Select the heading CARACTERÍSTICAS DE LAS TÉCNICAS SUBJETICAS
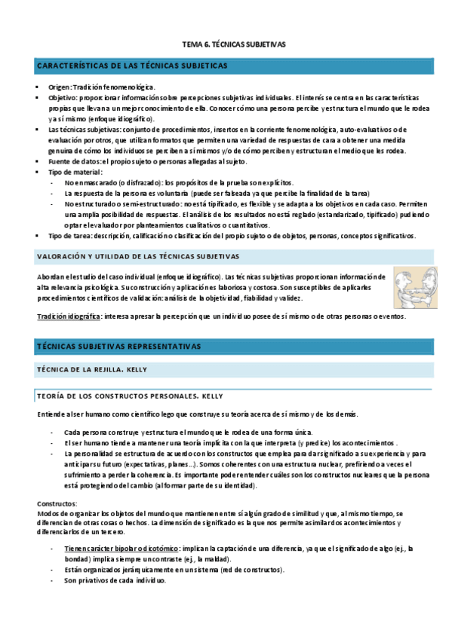click(x=132, y=66)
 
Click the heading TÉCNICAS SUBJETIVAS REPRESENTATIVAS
click(x=118, y=347)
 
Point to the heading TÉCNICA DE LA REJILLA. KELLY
click(x=92, y=369)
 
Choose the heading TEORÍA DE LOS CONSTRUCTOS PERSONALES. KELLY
click(x=130, y=396)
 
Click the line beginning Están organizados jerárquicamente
click(x=174, y=570)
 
